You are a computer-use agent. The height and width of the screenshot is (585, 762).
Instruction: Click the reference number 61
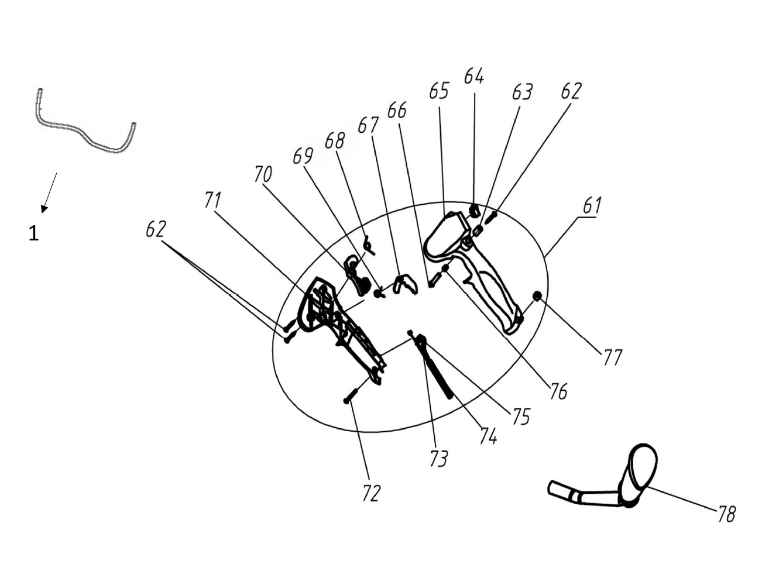pyautogui.click(x=592, y=205)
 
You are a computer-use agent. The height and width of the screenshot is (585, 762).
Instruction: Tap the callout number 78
pyautogui.click(x=726, y=514)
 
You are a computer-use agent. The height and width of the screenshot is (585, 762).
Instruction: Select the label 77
pyautogui.click(x=612, y=357)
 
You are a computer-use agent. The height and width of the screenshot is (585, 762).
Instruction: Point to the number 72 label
pyautogui.click(x=371, y=494)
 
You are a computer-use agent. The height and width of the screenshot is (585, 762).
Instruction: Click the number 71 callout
pyautogui.click(x=212, y=200)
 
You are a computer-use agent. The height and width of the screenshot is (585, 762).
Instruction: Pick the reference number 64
pyautogui.click(x=474, y=76)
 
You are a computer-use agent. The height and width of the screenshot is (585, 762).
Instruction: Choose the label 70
pyautogui.click(x=263, y=174)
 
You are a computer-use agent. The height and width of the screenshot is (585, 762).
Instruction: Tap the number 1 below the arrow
pyautogui.click(x=33, y=234)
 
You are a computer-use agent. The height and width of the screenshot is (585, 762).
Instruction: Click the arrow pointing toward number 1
pyautogui.click(x=49, y=192)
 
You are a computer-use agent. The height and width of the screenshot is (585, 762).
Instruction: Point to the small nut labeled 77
pyautogui.click(x=537, y=296)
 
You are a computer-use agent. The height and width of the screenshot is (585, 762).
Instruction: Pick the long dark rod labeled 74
pyautogui.click(x=436, y=369)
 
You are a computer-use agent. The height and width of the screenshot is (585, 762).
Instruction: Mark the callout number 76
pyautogui.click(x=558, y=391)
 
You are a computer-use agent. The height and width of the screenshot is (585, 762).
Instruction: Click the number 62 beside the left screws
pyautogui.click(x=156, y=229)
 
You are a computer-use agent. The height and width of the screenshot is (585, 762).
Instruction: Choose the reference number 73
pyautogui.click(x=438, y=459)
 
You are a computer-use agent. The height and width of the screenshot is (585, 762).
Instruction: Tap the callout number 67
pyautogui.click(x=368, y=125)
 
